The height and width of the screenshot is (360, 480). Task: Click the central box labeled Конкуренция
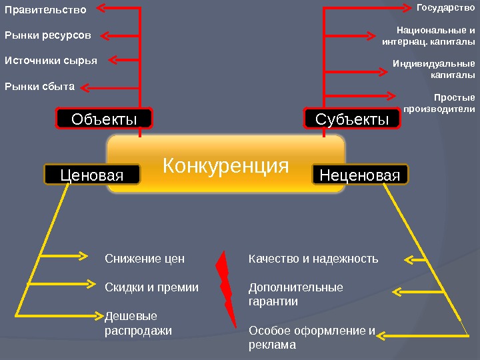click(x=226, y=164)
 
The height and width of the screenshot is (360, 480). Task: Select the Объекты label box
click(x=104, y=119)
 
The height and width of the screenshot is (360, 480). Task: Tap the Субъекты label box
click(x=352, y=119)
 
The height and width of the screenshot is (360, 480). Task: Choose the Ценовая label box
click(x=92, y=175)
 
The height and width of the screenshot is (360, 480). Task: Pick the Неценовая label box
click(x=360, y=175)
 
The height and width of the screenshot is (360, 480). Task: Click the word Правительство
click(x=46, y=10)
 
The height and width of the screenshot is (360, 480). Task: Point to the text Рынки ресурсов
click(x=48, y=35)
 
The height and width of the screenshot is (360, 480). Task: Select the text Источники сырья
click(x=51, y=61)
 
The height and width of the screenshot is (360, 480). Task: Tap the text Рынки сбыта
click(x=39, y=86)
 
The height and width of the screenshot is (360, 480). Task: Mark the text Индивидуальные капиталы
click(x=434, y=70)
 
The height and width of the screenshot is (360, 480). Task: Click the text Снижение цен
click(x=145, y=259)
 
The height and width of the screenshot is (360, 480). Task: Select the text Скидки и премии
click(x=152, y=288)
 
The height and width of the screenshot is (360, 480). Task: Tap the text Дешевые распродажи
click(x=138, y=323)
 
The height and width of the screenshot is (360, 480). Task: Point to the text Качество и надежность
click(x=313, y=259)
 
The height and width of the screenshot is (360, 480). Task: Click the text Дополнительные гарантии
click(x=295, y=295)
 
